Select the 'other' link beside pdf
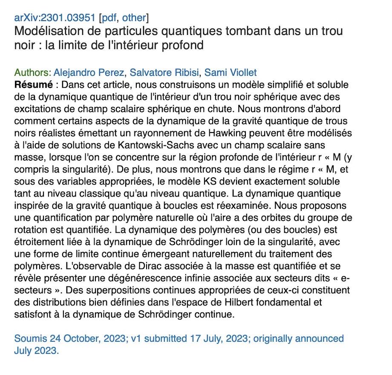134,18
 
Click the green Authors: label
33,72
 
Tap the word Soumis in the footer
28,339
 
